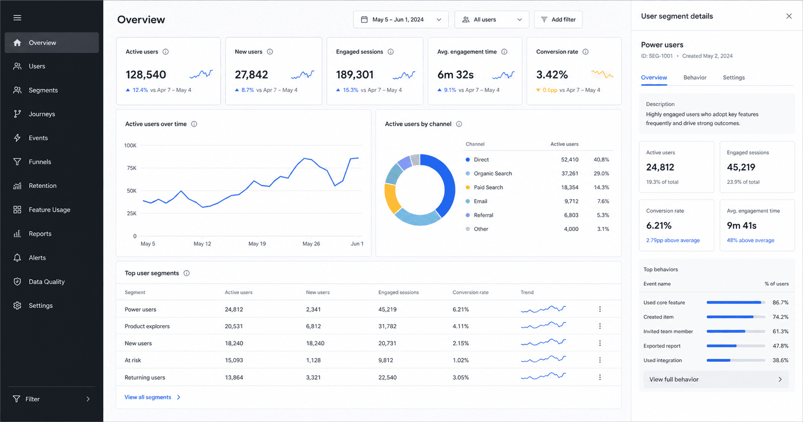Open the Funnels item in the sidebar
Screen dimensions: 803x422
pos(40,162)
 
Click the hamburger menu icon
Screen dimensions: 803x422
pos(17,18)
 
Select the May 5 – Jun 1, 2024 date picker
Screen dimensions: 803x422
pos(401,19)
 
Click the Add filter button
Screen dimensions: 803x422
pos(558,19)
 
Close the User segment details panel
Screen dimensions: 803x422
pos(789,16)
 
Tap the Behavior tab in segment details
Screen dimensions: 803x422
pos(695,78)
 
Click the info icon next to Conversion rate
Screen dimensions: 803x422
pos(585,52)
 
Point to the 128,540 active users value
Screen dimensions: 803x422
pos(146,75)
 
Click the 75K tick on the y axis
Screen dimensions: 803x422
pos(132,168)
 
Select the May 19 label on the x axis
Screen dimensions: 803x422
pos(257,244)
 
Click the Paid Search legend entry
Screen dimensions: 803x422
pos(488,188)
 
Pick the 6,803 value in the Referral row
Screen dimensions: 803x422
pos(571,215)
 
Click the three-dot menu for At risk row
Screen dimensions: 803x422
pos(600,360)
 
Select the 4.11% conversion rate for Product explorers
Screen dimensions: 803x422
pos(460,326)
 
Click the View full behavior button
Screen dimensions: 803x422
pos(716,379)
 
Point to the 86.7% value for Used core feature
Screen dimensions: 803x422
pos(780,303)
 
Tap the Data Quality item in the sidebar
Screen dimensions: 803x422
pos(46,282)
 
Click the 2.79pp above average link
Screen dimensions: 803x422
pos(673,240)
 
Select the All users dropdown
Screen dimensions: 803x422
pos(492,19)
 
